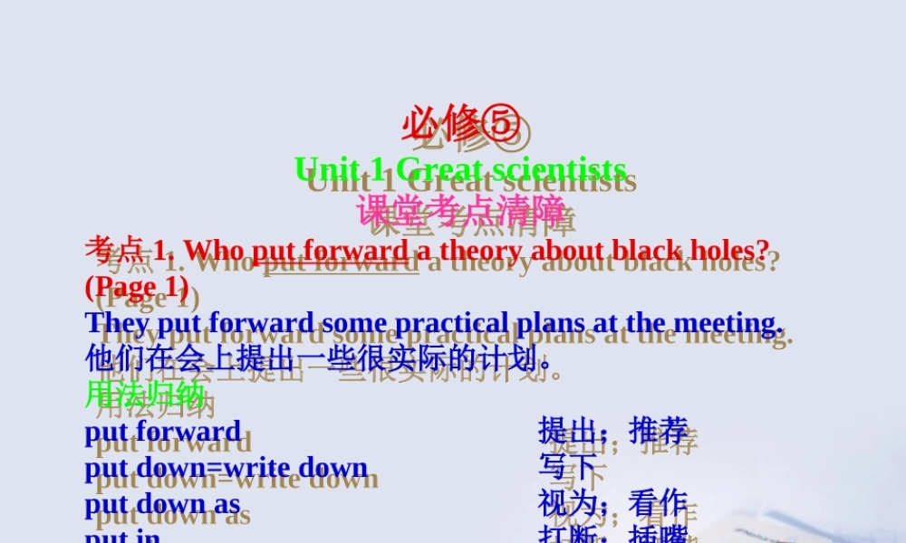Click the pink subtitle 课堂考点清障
coord(460,210)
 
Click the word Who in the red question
coord(215,249)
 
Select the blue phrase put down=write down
coord(226,467)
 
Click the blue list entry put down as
coord(163,503)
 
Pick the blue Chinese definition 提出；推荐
coord(613,431)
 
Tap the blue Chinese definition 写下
coord(568,467)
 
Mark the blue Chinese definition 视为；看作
coord(613,503)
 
